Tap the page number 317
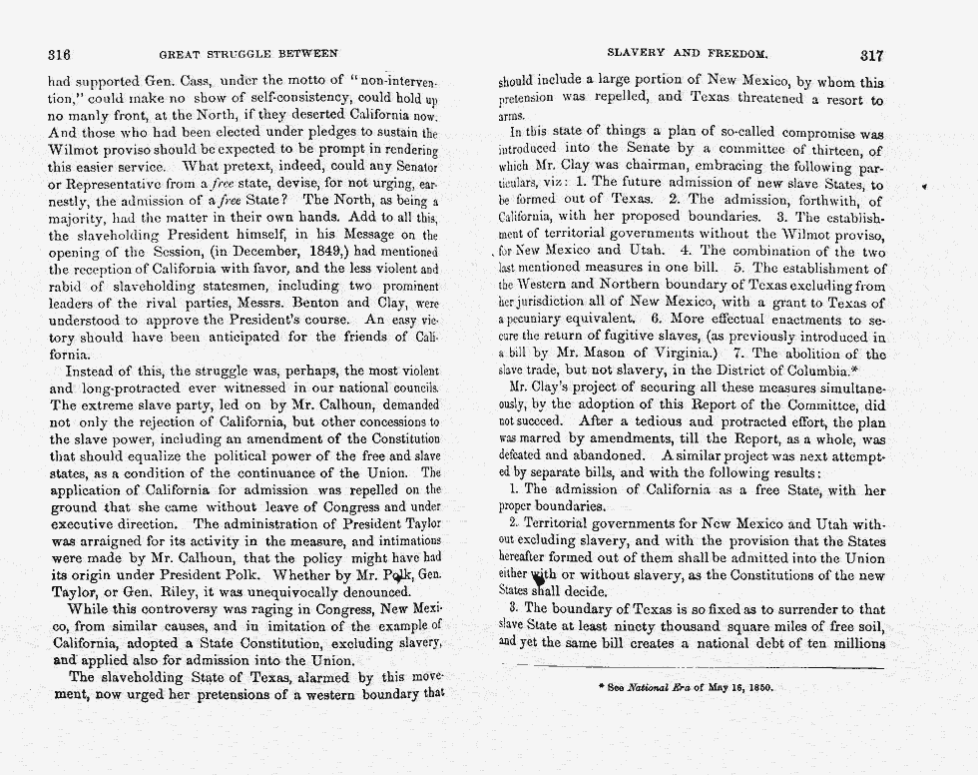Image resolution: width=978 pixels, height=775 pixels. [871, 56]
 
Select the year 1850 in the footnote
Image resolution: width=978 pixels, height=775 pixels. [756, 688]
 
